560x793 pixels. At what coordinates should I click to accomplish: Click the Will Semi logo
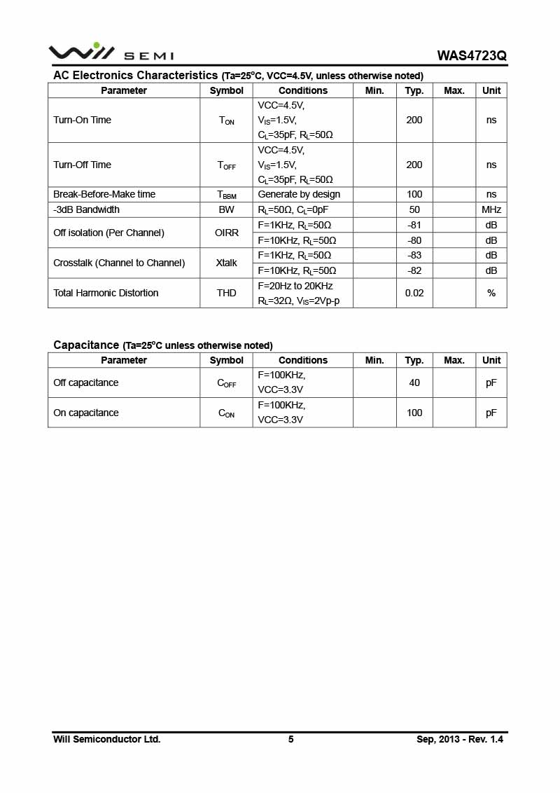(x=111, y=53)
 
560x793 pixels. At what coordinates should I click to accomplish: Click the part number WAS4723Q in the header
(x=471, y=55)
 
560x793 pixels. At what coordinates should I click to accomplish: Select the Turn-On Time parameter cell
(x=83, y=120)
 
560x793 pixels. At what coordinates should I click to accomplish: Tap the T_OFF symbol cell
(x=226, y=165)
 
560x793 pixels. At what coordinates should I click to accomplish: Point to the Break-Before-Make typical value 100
(x=414, y=194)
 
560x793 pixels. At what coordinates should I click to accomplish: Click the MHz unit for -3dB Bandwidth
(x=491, y=209)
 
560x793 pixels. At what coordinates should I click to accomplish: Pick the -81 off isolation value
(x=414, y=225)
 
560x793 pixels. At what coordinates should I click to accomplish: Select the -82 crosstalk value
(x=414, y=270)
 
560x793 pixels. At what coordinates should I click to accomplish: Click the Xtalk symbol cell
(x=226, y=263)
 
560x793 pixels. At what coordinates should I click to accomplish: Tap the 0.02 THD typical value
(x=414, y=293)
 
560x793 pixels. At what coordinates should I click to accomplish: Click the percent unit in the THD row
(x=491, y=293)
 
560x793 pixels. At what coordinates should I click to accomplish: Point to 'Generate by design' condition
(x=299, y=194)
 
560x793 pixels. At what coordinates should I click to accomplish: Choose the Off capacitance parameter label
(x=86, y=382)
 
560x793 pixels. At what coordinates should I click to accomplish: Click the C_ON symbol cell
(x=226, y=413)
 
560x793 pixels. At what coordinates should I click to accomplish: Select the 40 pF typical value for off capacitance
(x=414, y=382)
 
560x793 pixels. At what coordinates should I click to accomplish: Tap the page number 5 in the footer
(x=290, y=739)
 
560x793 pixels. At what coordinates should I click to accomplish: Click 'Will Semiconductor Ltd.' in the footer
(x=107, y=739)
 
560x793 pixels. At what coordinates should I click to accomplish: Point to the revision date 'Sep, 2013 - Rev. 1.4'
(x=460, y=739)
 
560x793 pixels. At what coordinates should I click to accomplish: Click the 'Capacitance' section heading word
(x=86, y=345)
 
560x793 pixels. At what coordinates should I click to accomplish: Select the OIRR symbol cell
(x=226, y=233)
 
